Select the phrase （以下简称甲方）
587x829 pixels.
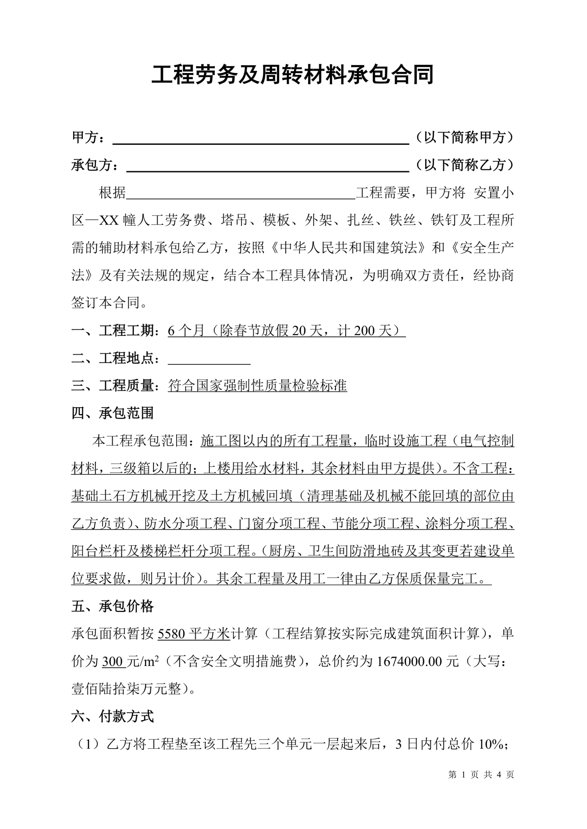465,137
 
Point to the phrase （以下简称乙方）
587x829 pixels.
465,165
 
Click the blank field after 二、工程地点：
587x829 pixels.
209,359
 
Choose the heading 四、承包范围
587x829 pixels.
113,413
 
